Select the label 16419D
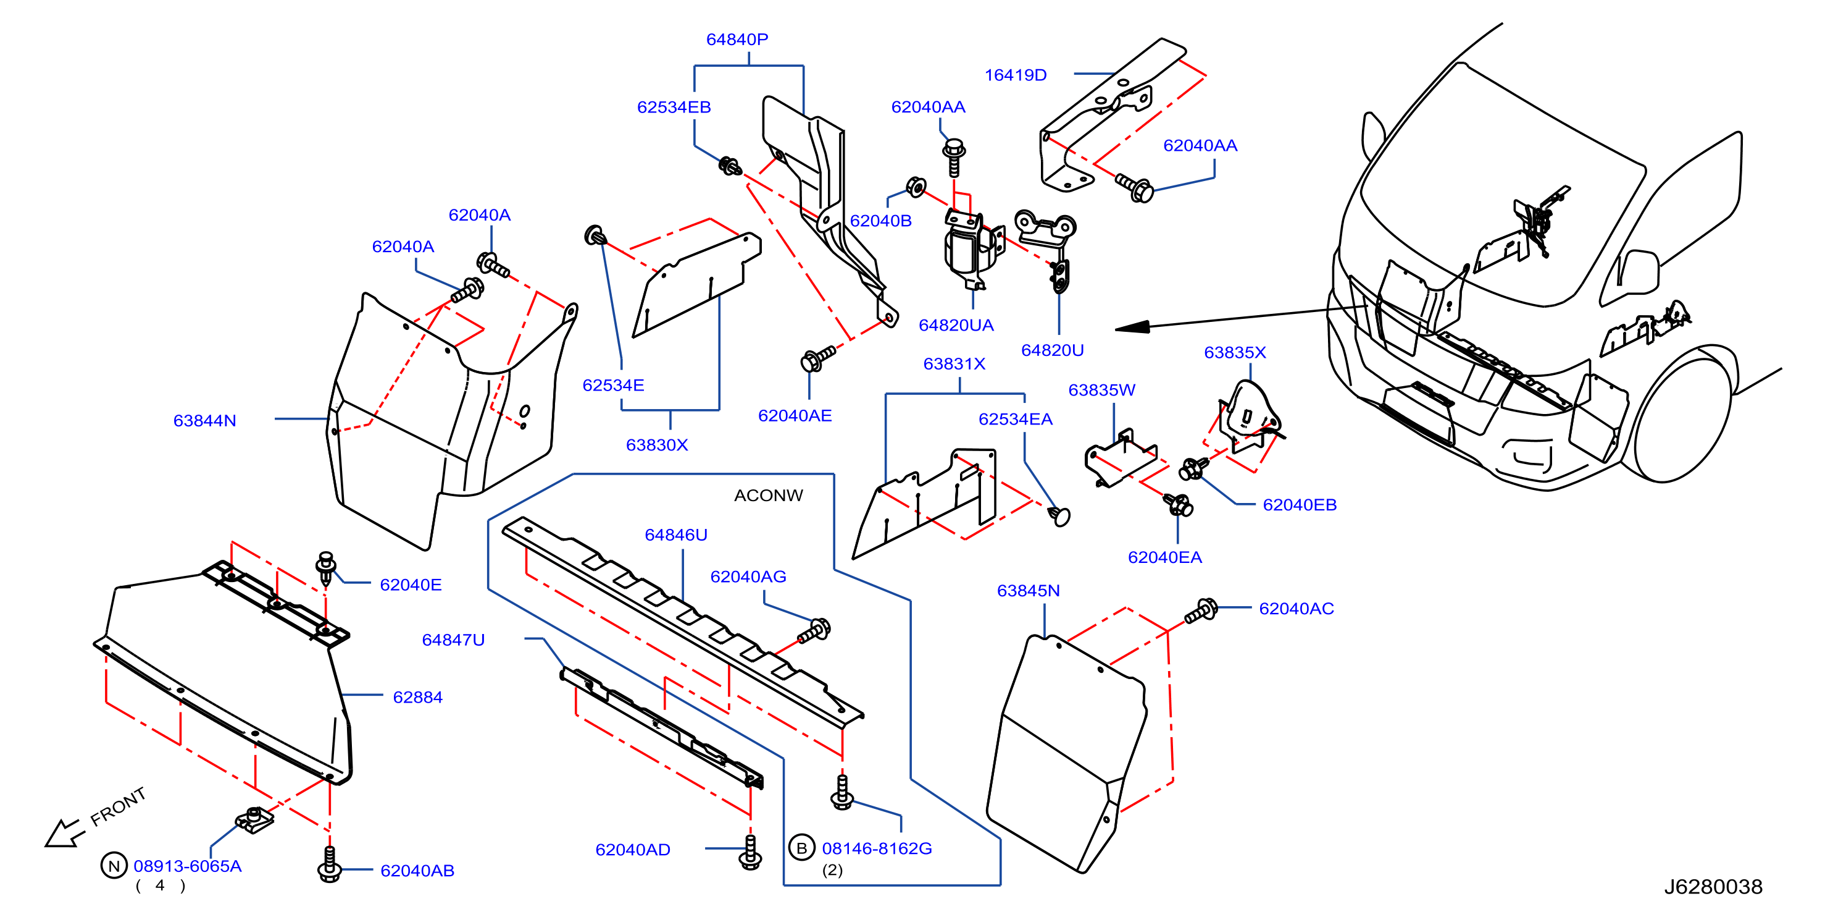1016,75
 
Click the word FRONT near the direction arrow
118,806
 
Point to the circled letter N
114,866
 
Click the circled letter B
801,848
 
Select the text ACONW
769,496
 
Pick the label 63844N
204,421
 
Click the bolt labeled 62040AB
328,864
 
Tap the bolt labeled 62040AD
750,851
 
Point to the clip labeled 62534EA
1059,515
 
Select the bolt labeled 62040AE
817,358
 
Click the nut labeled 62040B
916,187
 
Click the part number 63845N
1028,591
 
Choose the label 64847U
453,640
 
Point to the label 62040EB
1300,505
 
